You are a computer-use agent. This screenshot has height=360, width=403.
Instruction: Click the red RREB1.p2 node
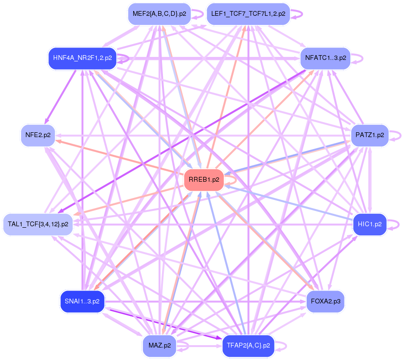coord(204,180)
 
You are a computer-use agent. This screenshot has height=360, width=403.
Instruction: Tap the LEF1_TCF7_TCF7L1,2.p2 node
coord(248,13)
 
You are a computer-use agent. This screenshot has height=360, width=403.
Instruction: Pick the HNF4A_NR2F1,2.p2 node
coord(82,58)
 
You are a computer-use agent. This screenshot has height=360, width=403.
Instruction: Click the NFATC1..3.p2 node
coord(325,58)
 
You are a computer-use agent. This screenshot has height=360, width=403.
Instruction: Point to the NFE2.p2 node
coord(38,135)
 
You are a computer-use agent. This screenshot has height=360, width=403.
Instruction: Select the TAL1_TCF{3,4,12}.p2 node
coord(38,224)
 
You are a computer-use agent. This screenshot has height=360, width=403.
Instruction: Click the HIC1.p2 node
coord(370,224)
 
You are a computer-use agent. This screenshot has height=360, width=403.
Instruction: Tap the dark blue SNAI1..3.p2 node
coord(82,301)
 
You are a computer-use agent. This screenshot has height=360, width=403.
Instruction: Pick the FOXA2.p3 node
coord(325,301)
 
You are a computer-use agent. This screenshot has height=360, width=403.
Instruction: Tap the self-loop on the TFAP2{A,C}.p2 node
coord(284,345)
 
